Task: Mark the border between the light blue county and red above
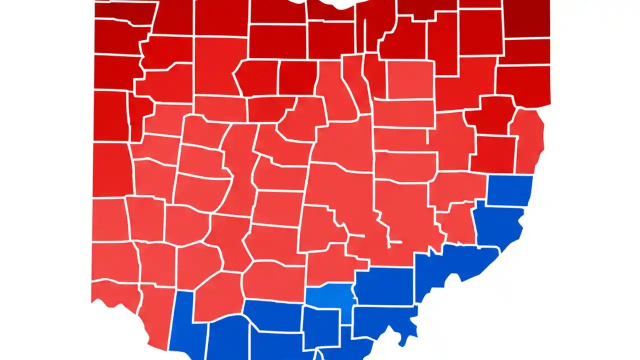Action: pos(330,286)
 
